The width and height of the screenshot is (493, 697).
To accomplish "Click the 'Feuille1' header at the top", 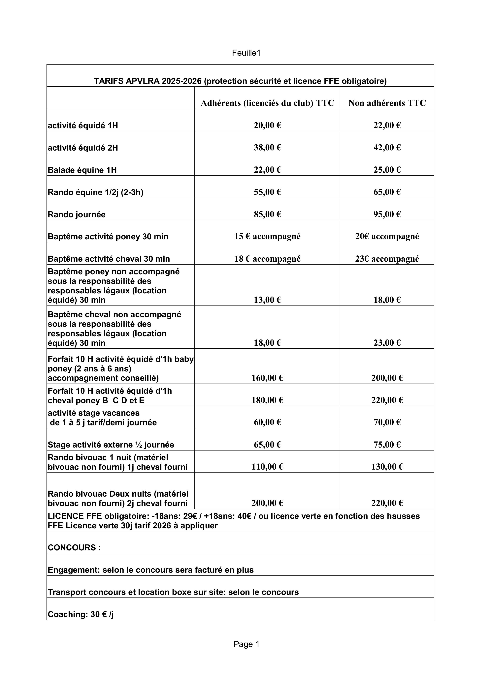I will (246, 53).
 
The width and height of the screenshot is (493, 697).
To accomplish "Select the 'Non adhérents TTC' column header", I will (387, 103).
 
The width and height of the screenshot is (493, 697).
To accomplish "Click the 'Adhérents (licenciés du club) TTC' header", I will (267, 103).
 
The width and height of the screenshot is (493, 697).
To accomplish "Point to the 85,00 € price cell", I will (267, 214).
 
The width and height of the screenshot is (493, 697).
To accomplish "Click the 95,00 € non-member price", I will (387, 214).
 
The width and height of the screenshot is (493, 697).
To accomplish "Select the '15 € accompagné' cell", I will (267, 237).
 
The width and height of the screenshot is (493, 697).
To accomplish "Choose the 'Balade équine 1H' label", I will (82, 170).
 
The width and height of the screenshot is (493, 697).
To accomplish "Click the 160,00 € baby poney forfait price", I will (267, 378).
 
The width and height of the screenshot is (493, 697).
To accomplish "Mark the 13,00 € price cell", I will (267, 300).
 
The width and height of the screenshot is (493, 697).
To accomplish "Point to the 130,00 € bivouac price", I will (387, 467).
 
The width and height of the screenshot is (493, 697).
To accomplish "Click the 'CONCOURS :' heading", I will (74, 548).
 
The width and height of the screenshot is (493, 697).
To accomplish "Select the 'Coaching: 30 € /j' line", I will (81, 614).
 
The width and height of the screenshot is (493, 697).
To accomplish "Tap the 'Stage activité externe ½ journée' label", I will (111, 445).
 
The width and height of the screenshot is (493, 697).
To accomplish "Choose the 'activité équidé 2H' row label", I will (83, 148).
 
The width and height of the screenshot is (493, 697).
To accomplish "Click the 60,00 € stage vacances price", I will (267, 422).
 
